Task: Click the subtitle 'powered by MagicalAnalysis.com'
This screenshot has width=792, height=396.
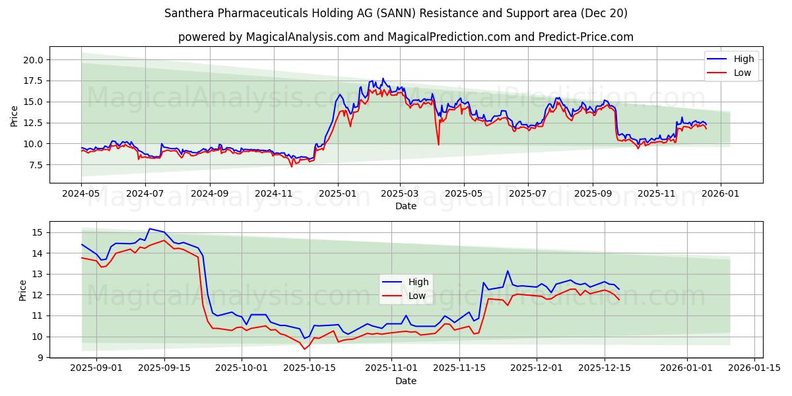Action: pyautogui.click(x=405, y=37)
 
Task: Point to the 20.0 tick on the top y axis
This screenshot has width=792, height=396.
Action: pyautogui.click(x=32, y=59)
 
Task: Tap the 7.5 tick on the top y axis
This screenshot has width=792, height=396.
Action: pyautogui.click(x=34, y=164)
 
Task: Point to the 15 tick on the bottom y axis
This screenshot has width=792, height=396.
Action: pyautogui.click(x=37, y=232)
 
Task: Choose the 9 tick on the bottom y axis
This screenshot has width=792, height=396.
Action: pyautogui.click(x=40, y=357)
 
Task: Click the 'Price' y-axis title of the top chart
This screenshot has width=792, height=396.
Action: pyautogui.click(x=15, y=115)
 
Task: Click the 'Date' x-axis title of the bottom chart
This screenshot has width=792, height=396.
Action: pyautogui.click(x=405, y=381)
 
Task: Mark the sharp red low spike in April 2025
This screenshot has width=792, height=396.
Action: pyautogui.click(x=438, y=144)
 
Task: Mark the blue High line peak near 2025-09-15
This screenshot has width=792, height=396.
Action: pyautogui.click(x=150, y=229)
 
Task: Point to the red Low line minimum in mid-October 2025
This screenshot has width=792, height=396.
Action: pyautogui.click(x=304, y=348)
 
